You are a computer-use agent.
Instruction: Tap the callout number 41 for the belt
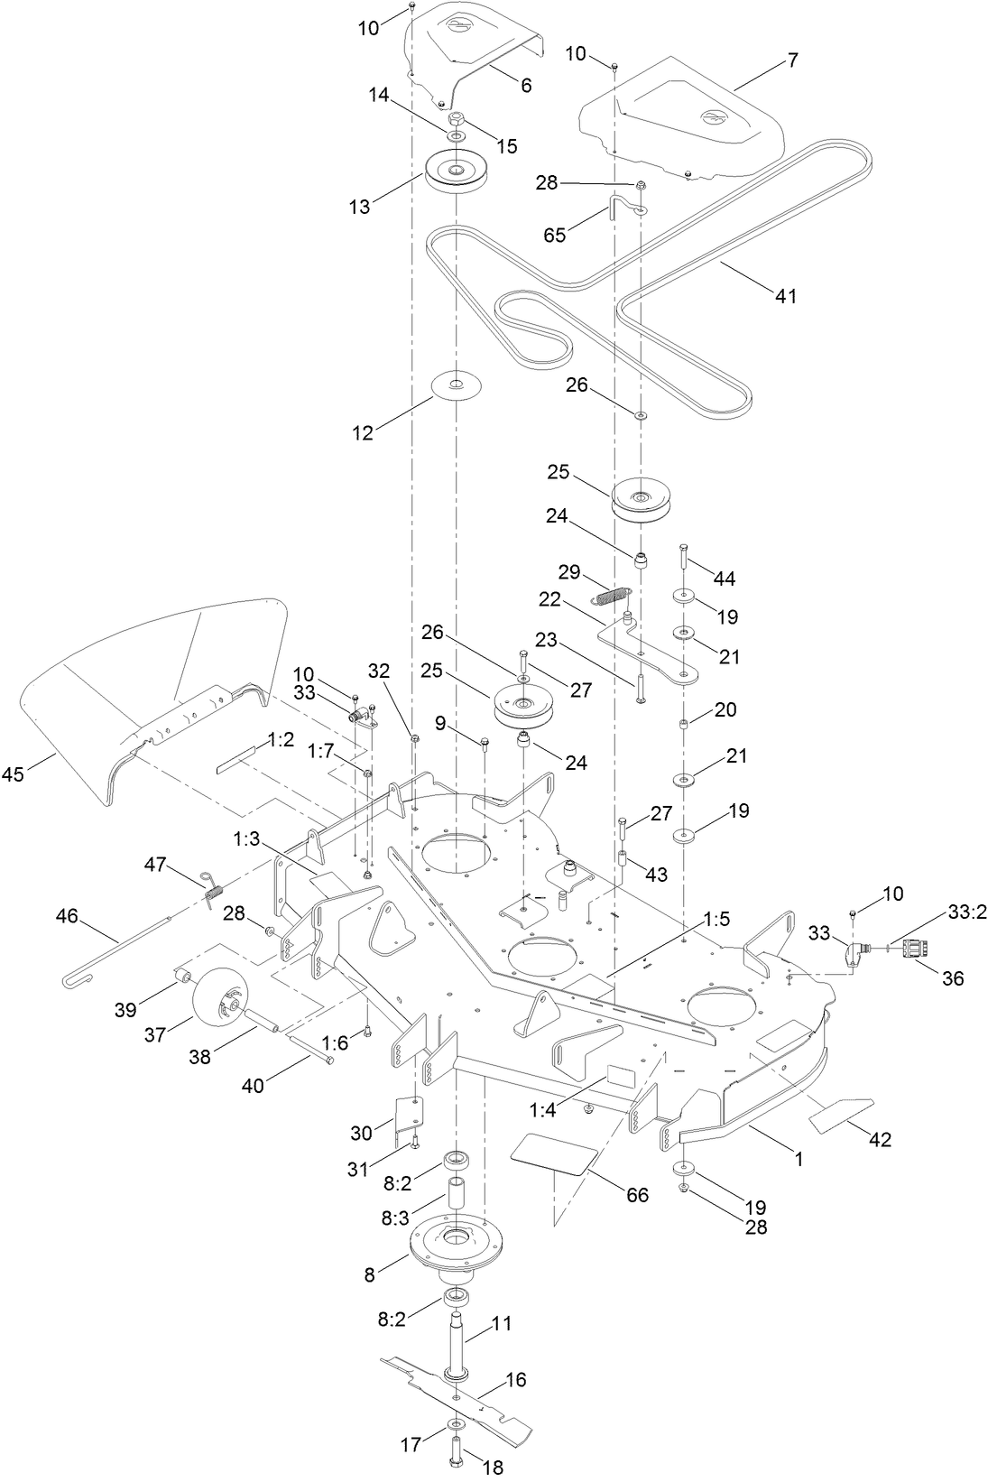pyautogui.click(x=786, y=295)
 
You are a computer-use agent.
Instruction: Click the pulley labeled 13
pyautogui.click(x=458, y=171)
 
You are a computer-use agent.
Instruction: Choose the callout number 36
pyautogui.click(x=953, y=977)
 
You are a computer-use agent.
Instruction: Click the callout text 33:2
pyautogui.click(x=967, y=912)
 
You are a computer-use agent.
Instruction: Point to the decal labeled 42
pyautogui.click(x=841, y=1116)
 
